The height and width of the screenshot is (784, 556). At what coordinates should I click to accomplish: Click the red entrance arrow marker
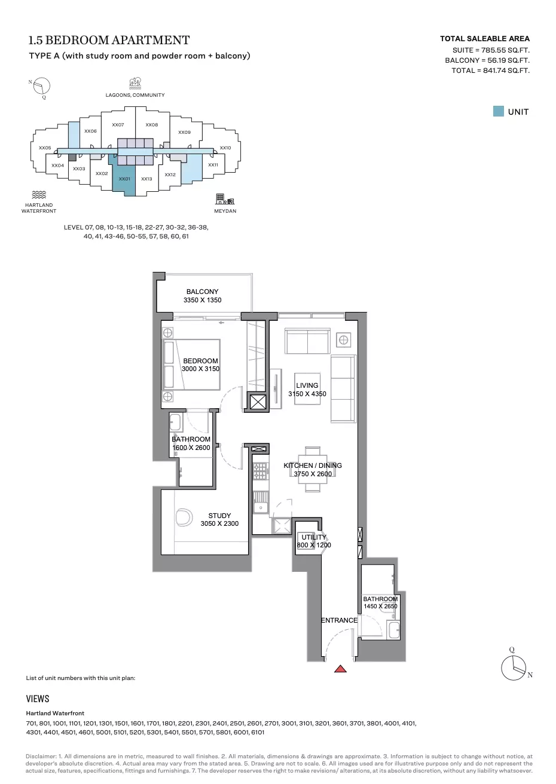[340, 669]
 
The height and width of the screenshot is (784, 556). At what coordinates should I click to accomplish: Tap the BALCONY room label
[202, 292]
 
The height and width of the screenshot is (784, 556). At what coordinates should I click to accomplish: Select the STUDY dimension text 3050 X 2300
[219, 523]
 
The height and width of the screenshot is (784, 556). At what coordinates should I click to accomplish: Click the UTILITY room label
[314, 537]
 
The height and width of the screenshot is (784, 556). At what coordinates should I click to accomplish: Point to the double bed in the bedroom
[191, 365]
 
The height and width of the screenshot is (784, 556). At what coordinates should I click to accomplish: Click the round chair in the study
[184, 517]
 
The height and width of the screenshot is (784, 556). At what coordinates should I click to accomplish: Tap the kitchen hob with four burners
[260, 471]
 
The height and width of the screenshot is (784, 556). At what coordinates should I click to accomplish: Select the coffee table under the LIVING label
[307, 389]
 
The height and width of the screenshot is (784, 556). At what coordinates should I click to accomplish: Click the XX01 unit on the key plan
[124, 179]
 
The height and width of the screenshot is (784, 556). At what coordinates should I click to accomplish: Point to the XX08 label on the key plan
[152, 125]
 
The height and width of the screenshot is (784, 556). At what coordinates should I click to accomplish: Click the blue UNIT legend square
[498, 111]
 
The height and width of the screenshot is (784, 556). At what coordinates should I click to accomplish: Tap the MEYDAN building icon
[224, 199]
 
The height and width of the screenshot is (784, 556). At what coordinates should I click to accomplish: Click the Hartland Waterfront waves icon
[39, 195]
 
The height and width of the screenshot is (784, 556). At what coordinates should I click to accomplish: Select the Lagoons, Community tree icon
[135, 84]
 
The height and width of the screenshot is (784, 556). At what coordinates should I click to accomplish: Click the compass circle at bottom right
[514, 667]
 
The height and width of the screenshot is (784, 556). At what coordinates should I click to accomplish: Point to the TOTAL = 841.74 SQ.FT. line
[490, 71]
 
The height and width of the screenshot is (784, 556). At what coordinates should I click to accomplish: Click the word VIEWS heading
[38, 699]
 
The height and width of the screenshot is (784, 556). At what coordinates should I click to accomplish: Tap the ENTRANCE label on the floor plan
[339, 620]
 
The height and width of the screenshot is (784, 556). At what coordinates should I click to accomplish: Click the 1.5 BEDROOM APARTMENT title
[109, 40]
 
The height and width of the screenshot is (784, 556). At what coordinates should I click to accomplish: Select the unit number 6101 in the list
[258, 732]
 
